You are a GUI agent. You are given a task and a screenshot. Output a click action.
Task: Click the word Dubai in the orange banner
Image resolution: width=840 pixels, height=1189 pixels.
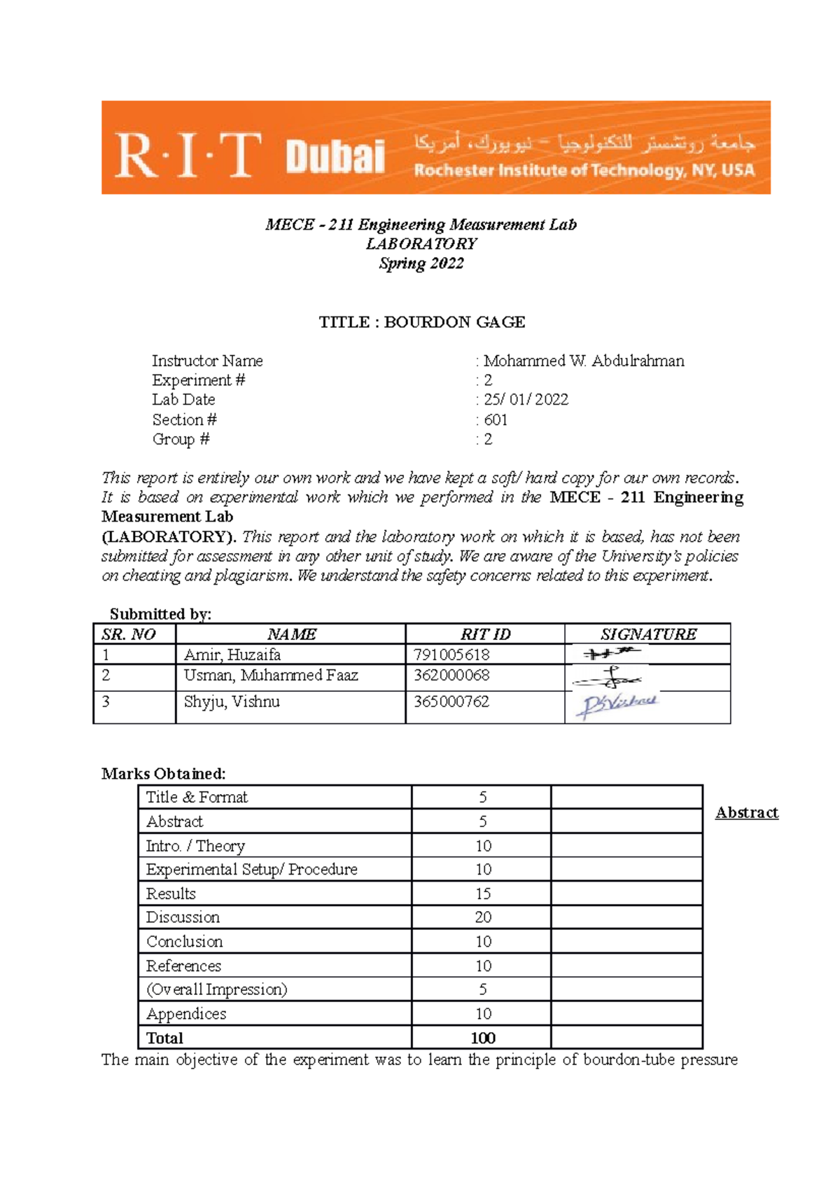(335, 156)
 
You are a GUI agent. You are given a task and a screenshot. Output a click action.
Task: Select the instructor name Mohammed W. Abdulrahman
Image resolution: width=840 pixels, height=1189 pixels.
(584, 361)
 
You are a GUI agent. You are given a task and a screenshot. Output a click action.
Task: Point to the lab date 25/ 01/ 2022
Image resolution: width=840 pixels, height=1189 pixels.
(526, 399)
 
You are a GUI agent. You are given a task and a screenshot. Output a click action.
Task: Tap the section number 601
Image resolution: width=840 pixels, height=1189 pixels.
(496, 419)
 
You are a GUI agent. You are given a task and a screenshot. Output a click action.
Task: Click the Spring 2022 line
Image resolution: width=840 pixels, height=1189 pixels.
(421, 263)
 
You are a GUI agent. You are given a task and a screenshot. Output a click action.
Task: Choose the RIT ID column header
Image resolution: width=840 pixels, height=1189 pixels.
(485, 634)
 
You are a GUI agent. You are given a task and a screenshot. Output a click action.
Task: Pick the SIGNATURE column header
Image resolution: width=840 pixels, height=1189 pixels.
(648, 634)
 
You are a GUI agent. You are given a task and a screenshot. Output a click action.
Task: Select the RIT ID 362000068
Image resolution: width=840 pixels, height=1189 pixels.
(451, 675)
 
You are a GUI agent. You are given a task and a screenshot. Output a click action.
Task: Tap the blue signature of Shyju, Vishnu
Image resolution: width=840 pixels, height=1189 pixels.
(617, 705)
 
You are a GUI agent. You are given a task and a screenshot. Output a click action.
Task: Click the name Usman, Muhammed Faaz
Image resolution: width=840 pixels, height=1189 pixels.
(271, 675)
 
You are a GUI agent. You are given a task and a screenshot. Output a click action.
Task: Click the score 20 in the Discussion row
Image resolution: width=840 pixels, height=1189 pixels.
(482, 917)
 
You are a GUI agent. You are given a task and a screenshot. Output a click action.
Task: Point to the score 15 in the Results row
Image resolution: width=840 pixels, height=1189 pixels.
(482, 894)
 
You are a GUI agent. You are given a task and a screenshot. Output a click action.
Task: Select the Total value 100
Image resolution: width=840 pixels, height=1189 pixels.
(482, 1038)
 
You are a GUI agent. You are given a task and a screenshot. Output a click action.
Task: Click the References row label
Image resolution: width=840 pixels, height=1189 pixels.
(183, 966)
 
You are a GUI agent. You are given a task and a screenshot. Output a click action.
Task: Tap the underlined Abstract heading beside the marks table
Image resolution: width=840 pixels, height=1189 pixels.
(746, 812)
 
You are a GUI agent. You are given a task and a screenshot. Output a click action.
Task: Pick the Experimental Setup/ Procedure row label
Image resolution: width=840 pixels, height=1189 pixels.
(251, 869)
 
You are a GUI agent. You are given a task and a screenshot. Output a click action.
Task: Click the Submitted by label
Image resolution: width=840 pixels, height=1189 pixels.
(160, 614)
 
